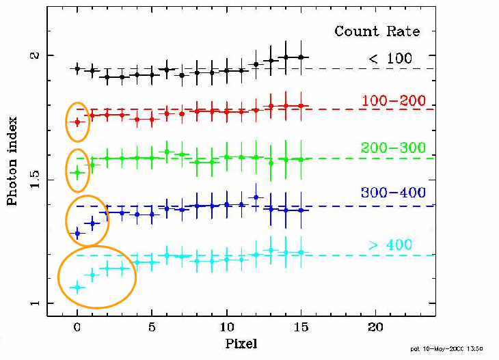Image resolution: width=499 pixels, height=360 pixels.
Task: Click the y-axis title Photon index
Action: click(12, 161)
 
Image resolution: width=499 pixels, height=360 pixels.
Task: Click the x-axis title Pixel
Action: click(241, 343)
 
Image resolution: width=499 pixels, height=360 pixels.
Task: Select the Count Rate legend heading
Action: click(377, 31)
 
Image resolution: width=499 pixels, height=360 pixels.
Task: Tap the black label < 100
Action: click(391, 59)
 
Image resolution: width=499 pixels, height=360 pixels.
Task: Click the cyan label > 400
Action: click(390, 245)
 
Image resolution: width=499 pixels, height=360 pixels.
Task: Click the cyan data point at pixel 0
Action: click(77, 288)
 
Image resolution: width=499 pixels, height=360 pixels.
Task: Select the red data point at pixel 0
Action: click(77, 122)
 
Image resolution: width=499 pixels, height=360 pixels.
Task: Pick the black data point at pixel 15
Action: click(301, 57)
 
